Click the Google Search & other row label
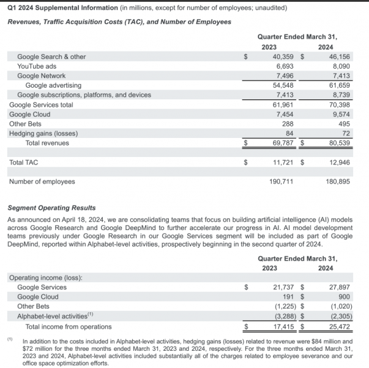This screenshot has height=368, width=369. click(x=51, y=56)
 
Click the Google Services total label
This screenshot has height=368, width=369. click(x=41, y=105)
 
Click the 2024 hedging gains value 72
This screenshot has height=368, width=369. click(x=346, y=133)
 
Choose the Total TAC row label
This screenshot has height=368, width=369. click(x=24, y=163)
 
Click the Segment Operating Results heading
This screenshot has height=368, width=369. click(x=51, y=208)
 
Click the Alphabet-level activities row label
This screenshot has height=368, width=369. click(x=55, y=316)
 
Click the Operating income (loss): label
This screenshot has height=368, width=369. click(x=45, y=277)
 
